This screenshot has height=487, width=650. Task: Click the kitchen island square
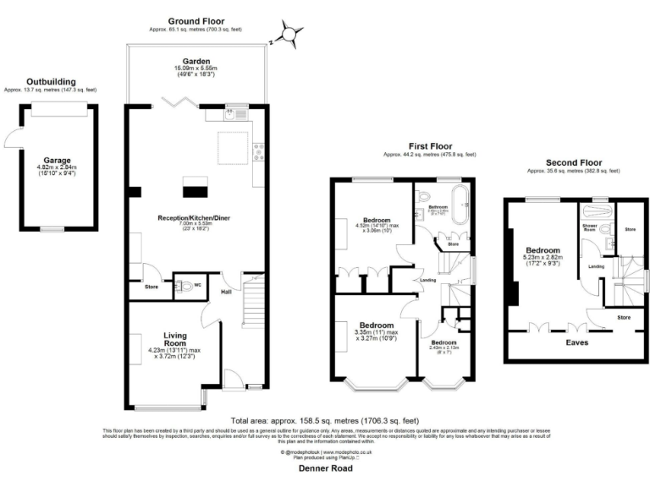(234, 150)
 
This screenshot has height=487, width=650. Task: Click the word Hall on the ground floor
(227, 292)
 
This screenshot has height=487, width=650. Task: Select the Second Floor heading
(572, 163)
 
